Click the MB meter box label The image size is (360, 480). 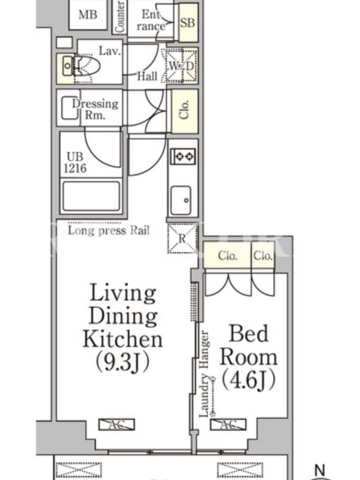click(x=88, y=14)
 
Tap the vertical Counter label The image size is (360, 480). click(x=120, y=16)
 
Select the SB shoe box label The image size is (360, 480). click(x=187, y=22)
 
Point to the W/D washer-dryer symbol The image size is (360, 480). click(x=182, y=65)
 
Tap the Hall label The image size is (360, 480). click(x=147, y=76)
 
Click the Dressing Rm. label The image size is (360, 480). click(x=95, y=109)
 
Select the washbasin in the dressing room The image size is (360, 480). click(x=70, y=108)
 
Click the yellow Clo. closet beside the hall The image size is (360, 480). click(x=184, y=111)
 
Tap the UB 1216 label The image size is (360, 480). click(x=76, y=162)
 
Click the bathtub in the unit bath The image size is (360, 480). click(x=91, y=196)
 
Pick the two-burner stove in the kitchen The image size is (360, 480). click(x=183, y=156)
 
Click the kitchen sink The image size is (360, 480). click(x=181, y=200)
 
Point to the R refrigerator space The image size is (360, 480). click(x=182, y=238)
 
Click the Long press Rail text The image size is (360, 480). click(x=109, y=230)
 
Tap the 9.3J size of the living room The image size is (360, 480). click(x=123, y=361)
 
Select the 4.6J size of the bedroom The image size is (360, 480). click(x=248, y=380)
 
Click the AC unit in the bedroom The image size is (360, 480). click(x=228, y=425)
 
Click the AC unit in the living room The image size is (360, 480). click(x=116, y=425)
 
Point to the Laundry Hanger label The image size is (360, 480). click(x=204, y=374)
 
